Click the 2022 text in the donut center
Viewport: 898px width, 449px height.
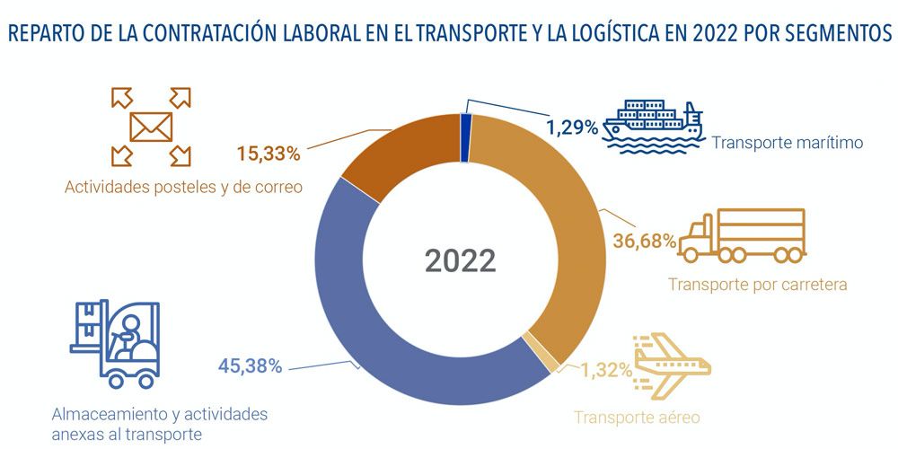(460, 260)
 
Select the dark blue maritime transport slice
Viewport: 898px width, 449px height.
(465, 139)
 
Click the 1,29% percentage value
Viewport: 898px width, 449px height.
(572, 127)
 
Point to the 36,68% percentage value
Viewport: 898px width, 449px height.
(643, 241)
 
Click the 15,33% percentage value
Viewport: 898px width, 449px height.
(267, 154)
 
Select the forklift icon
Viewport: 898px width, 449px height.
(115, 343)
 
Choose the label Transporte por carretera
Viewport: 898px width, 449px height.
(758, 285)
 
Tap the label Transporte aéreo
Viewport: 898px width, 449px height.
(637, 417)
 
